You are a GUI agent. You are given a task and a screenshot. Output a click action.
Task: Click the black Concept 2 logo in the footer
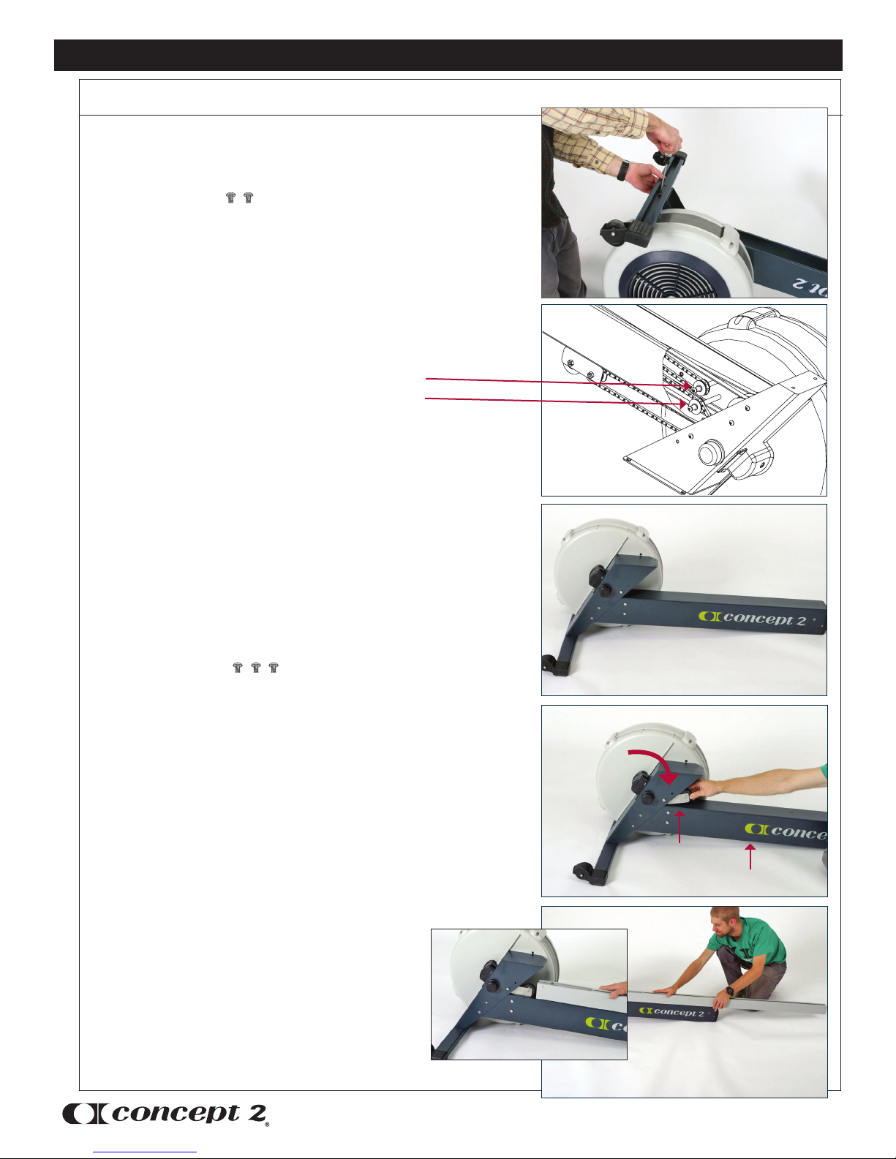[x=165, y=1114]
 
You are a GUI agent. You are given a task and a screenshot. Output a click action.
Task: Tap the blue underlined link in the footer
[x=145, y=1152]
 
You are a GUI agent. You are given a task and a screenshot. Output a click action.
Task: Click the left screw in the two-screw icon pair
[x=230, y=198]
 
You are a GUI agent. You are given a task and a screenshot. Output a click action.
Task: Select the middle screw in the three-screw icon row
[x=255, y=667]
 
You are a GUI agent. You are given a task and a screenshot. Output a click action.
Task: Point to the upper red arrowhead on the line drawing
[x=687, y=385]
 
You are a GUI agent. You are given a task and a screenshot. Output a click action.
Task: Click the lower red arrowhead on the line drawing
[x=682, y=404]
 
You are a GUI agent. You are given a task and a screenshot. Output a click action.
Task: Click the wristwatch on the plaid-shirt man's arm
[x=623, y=170]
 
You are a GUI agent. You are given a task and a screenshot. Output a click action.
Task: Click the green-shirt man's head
[x=726, y=923]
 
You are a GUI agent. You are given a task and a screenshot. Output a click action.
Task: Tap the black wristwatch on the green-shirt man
[x=730, y=992]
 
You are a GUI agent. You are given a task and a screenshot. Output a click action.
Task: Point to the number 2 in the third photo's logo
[x=800, y=620]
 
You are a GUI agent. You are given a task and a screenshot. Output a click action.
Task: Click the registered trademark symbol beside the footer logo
[x=267, y=1124]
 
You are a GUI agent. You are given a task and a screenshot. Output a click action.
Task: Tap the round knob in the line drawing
[x=710, y=454]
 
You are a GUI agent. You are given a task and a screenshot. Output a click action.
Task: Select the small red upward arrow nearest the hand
[x=680, y=826]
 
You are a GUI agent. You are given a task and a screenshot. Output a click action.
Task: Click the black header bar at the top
[x=448, y=55]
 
